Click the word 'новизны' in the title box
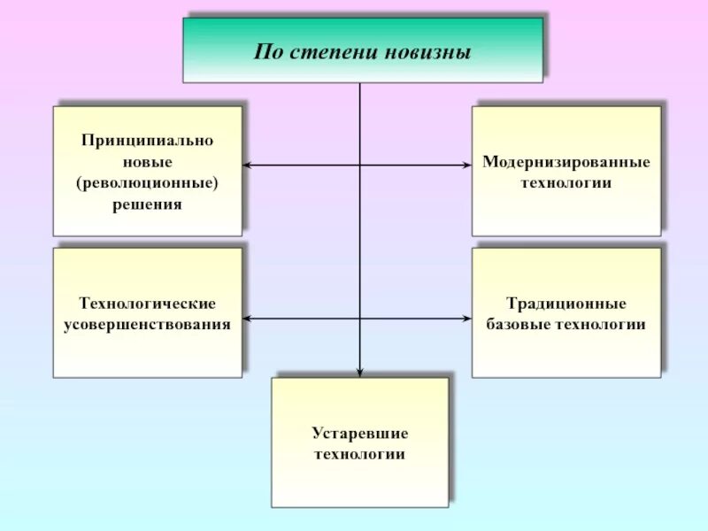pyautogui.click(x=428, y=51)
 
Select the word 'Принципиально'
pyautogui.click(x=148, y=142)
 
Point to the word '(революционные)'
pyautogui.click(x=148, y=183)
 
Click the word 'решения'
pyautogui.click(x=148, y=204)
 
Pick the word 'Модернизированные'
pyautogui.click(x=566, y=163)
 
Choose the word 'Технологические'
pyautogui.click(x=148, y=304)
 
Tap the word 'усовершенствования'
pyautogui.click(x=148, y=325)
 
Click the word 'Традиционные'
pyautogui.click(x=566, y=304)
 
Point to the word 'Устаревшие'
pyautogui.click(x=359, y=434)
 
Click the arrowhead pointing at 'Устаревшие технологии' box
pyautogui.click(x=359, y=372)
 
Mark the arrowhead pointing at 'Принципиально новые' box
pyautogui.click(x=248, y=165)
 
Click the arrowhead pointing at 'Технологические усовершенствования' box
pyautogui.click(x=248, y=318)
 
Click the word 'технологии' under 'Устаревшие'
pyautogui.click(x=359, y=455)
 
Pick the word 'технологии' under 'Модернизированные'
pyautogui.click(x=566, y=184)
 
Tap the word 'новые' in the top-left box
pyautogui.click(x=148, y=163)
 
